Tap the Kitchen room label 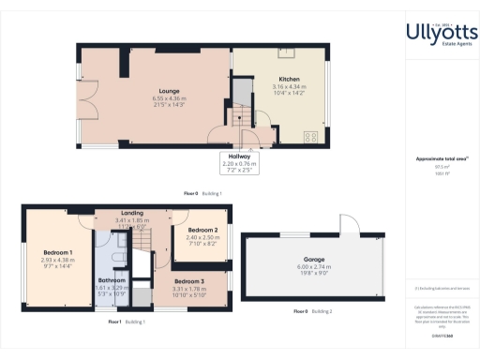tap(288, 79)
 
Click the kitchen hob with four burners tap(309, 137)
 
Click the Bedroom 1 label tap(57, 252)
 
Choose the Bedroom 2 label tap(202, 230)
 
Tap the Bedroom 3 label tap(189, 282)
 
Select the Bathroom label tap(112, 280)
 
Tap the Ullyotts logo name tap(441, 34)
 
